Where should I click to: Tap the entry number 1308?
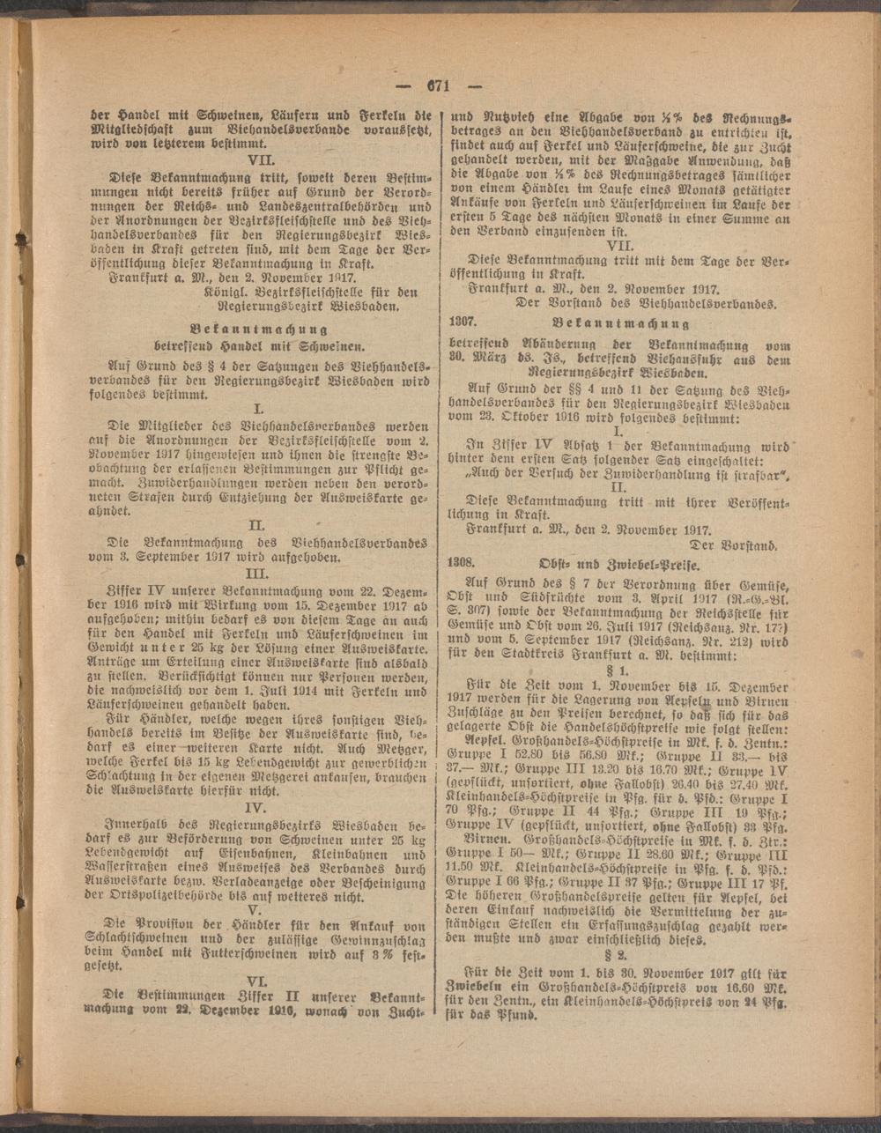(463, 560)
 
